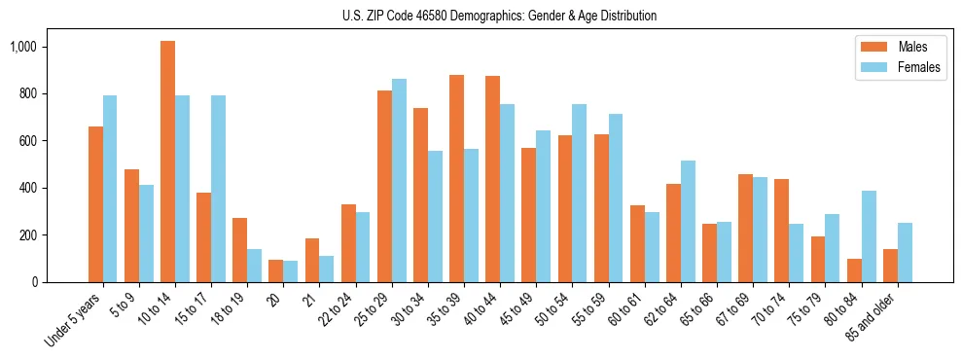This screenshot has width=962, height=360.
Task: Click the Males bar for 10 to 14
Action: pos(167,162)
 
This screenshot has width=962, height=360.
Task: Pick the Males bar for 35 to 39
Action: pos(457,178)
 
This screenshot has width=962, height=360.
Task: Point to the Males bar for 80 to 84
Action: pos(854,270)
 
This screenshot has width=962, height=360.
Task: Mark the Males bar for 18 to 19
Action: pos(240,250)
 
